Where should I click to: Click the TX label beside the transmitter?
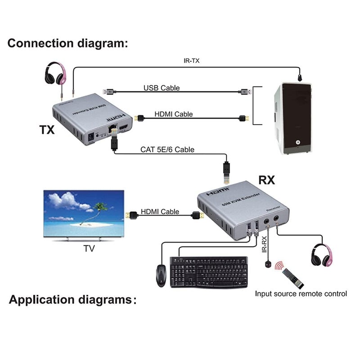[x=46, y=130]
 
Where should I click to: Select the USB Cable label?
[x=162, y=88]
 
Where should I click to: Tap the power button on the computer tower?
[x=297, y=142]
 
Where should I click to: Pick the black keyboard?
[x=209, y=271]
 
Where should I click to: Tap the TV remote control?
[x=293, y=278]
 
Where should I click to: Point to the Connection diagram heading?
[x=68, y=44]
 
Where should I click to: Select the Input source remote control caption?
[x=301, y=294]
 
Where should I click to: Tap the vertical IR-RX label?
[x=265, y=245]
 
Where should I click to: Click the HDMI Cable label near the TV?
[x=160, y=211]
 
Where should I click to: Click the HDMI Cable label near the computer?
[x=174, y=114]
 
